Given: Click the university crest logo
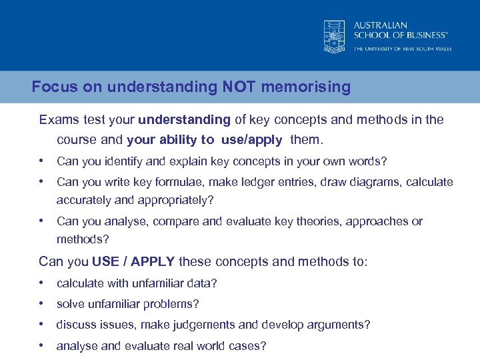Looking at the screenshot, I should tap(334, 36).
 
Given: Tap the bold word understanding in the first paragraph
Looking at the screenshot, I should tap(184, 120).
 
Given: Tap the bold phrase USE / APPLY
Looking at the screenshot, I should tap(133, 261).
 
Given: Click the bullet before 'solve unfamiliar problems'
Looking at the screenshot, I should tap(43, 304).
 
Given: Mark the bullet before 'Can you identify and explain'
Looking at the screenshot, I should tap(43, 161).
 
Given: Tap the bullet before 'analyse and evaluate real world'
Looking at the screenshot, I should tap(43, 346).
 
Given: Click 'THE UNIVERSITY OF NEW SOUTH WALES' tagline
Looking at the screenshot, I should tap(402, 49).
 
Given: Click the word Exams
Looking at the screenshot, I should tap(59, 120).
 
